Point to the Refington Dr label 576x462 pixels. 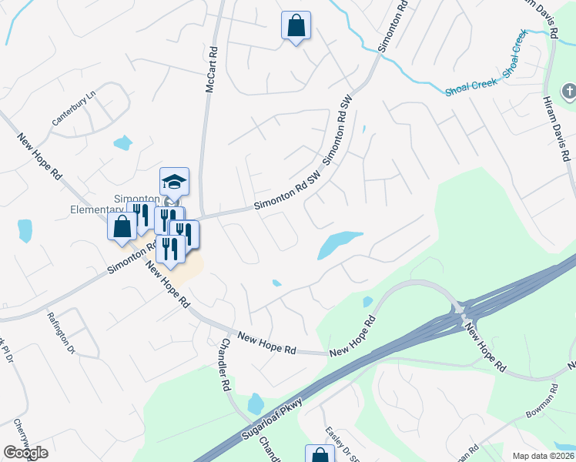coord(62,330)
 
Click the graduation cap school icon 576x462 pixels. coord(174,182)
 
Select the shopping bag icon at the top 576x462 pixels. coord(296,26)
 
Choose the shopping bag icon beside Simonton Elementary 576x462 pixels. coord(122,227)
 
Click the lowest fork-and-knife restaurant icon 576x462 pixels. coord(169,248)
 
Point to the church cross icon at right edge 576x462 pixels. coord(569,92)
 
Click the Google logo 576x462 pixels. coord(25,453)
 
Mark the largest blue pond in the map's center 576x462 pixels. coord(336,243)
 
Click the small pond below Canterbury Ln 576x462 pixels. coord(122,142)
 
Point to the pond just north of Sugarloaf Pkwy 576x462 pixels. coord(256,403)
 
